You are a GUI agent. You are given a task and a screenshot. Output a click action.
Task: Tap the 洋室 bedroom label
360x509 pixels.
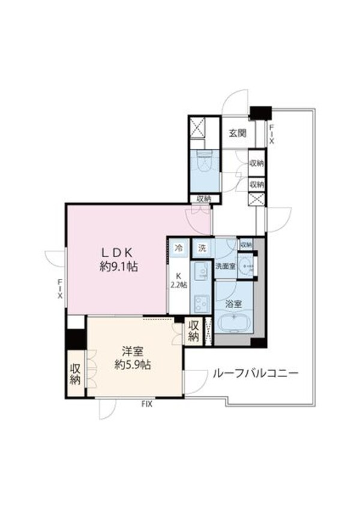click(133, 358)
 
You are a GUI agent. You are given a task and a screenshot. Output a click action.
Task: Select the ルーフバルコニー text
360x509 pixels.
click(255, 374)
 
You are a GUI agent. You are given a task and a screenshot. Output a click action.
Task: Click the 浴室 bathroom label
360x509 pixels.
click(233, 304)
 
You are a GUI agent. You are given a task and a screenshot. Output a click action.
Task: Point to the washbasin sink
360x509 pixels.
click(246, 265)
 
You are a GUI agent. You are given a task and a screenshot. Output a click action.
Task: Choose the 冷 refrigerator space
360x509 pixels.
click(178, 248)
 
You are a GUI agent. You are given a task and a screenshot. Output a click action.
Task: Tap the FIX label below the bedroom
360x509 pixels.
click(147, 405)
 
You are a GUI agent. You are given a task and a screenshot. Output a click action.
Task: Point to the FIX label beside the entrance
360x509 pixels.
click(271, 134)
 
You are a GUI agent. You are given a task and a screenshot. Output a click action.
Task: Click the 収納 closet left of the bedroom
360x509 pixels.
click(75, 374)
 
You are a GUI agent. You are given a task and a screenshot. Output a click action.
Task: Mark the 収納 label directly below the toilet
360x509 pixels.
click(202, 199)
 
